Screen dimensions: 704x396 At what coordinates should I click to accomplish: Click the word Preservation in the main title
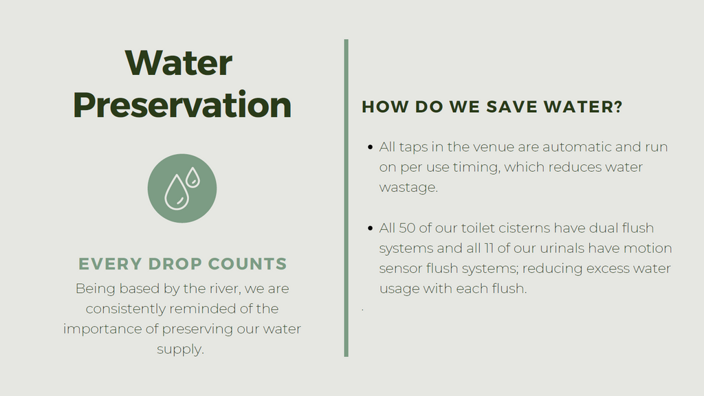[181, 105]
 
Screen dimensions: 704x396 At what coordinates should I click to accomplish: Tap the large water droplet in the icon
[177, 192]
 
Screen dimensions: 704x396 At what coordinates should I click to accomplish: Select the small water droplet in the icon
[192, 177]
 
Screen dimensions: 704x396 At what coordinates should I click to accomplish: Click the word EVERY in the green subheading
[109, 263]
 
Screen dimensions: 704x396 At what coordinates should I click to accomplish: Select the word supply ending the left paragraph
[179, 349]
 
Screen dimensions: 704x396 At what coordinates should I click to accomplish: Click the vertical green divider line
[346, 198]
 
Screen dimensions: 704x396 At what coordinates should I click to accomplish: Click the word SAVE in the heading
[511, 107]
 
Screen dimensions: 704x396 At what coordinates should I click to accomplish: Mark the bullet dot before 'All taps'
[370, 147]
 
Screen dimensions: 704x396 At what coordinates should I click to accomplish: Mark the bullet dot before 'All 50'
[370, 228]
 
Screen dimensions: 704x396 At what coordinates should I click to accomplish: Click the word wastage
[408, 187]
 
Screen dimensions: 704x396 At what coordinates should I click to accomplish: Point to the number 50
[407, 228]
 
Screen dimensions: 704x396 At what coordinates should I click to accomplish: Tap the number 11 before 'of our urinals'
[489, 248]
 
